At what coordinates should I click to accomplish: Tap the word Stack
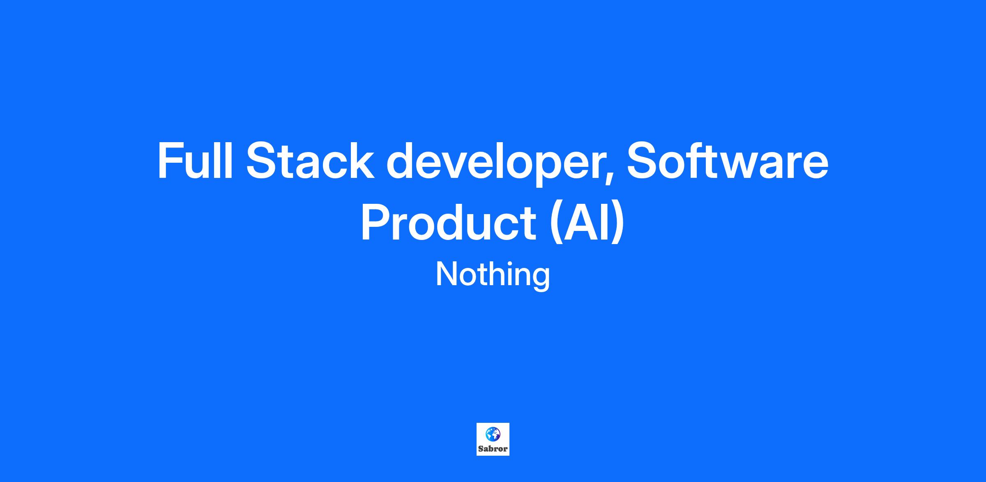click(311, 160)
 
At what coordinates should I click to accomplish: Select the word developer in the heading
click(497, 164)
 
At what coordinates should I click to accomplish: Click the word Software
click(727, 160)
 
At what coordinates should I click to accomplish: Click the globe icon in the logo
click(493, 434)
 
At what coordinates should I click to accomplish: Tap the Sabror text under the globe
click(493, 449)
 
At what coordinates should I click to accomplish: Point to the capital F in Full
click(172, 160)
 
